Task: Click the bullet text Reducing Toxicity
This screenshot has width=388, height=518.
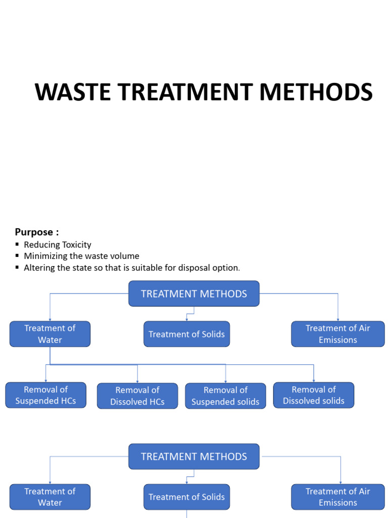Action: click(x=57, y=245)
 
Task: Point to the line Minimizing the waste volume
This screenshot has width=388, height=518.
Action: click(x=81, y=256)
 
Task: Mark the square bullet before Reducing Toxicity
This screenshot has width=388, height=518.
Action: click(x=17, y=245)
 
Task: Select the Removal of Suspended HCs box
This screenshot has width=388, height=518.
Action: click(x=45, y=395)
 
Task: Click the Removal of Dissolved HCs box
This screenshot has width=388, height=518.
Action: click(x=137, y=396)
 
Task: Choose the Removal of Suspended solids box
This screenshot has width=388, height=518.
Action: click(x=225, y=396)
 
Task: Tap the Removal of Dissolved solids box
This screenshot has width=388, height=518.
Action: click(x=313, y=395)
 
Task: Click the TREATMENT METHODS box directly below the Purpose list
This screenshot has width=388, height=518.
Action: click(x=194, y=294)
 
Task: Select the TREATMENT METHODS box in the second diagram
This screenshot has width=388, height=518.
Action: click(x=194, y=456)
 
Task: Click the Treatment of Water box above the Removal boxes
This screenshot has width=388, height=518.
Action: click(x=50, y=334)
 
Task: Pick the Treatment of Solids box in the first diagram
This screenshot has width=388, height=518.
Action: click(x=186, y=334)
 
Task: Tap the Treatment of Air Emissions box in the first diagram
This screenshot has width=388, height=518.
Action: click(x=337, y=334)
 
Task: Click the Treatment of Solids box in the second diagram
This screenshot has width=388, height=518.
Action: click(x=186, y=497)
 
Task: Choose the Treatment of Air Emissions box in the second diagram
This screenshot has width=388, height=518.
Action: click(x=337, y=497)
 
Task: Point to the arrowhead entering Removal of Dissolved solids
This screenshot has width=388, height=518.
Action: click(x=314, y=380)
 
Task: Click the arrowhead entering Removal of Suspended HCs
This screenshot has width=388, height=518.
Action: click(x=46, y=380)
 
